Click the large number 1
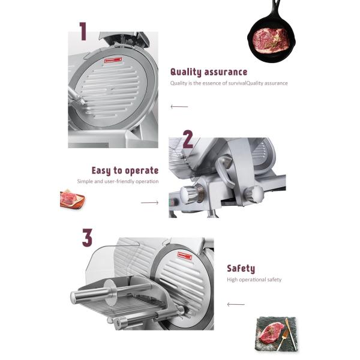coord(83,31)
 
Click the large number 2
coord(188,139)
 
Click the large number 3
coord(87,238)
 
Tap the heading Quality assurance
coord(209,72)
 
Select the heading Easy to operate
coord(125,170)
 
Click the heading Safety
coord(241,269)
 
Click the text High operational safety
coord(254,280)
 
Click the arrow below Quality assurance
coord(179,107)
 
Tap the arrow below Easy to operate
coord(149,203)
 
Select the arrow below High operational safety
coord(236,304)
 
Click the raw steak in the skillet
coord(270,40)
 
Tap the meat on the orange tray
coord(70,198)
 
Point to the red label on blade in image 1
coord(113,61)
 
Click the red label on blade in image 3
coord(185,256)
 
